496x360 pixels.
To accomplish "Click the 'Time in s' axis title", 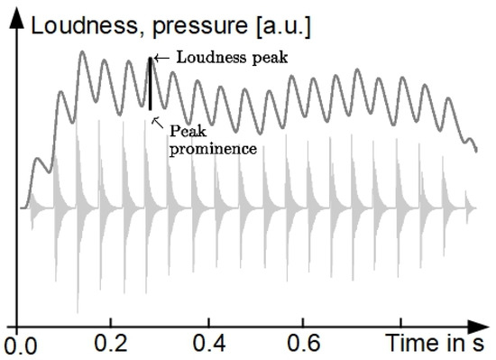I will [438, 343].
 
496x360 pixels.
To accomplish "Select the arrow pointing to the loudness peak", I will [161, 59].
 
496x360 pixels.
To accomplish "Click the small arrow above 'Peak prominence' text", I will [157, 120].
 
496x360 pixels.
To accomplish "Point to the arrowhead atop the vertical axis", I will [18, 23].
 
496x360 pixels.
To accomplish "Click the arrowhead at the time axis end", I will [486, 326].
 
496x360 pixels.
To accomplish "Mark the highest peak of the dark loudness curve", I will [82, 52].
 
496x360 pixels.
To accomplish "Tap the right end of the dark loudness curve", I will [476, 152].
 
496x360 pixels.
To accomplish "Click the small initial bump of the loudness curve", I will [37, 161].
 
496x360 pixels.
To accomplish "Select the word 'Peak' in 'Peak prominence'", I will [183, 130].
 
